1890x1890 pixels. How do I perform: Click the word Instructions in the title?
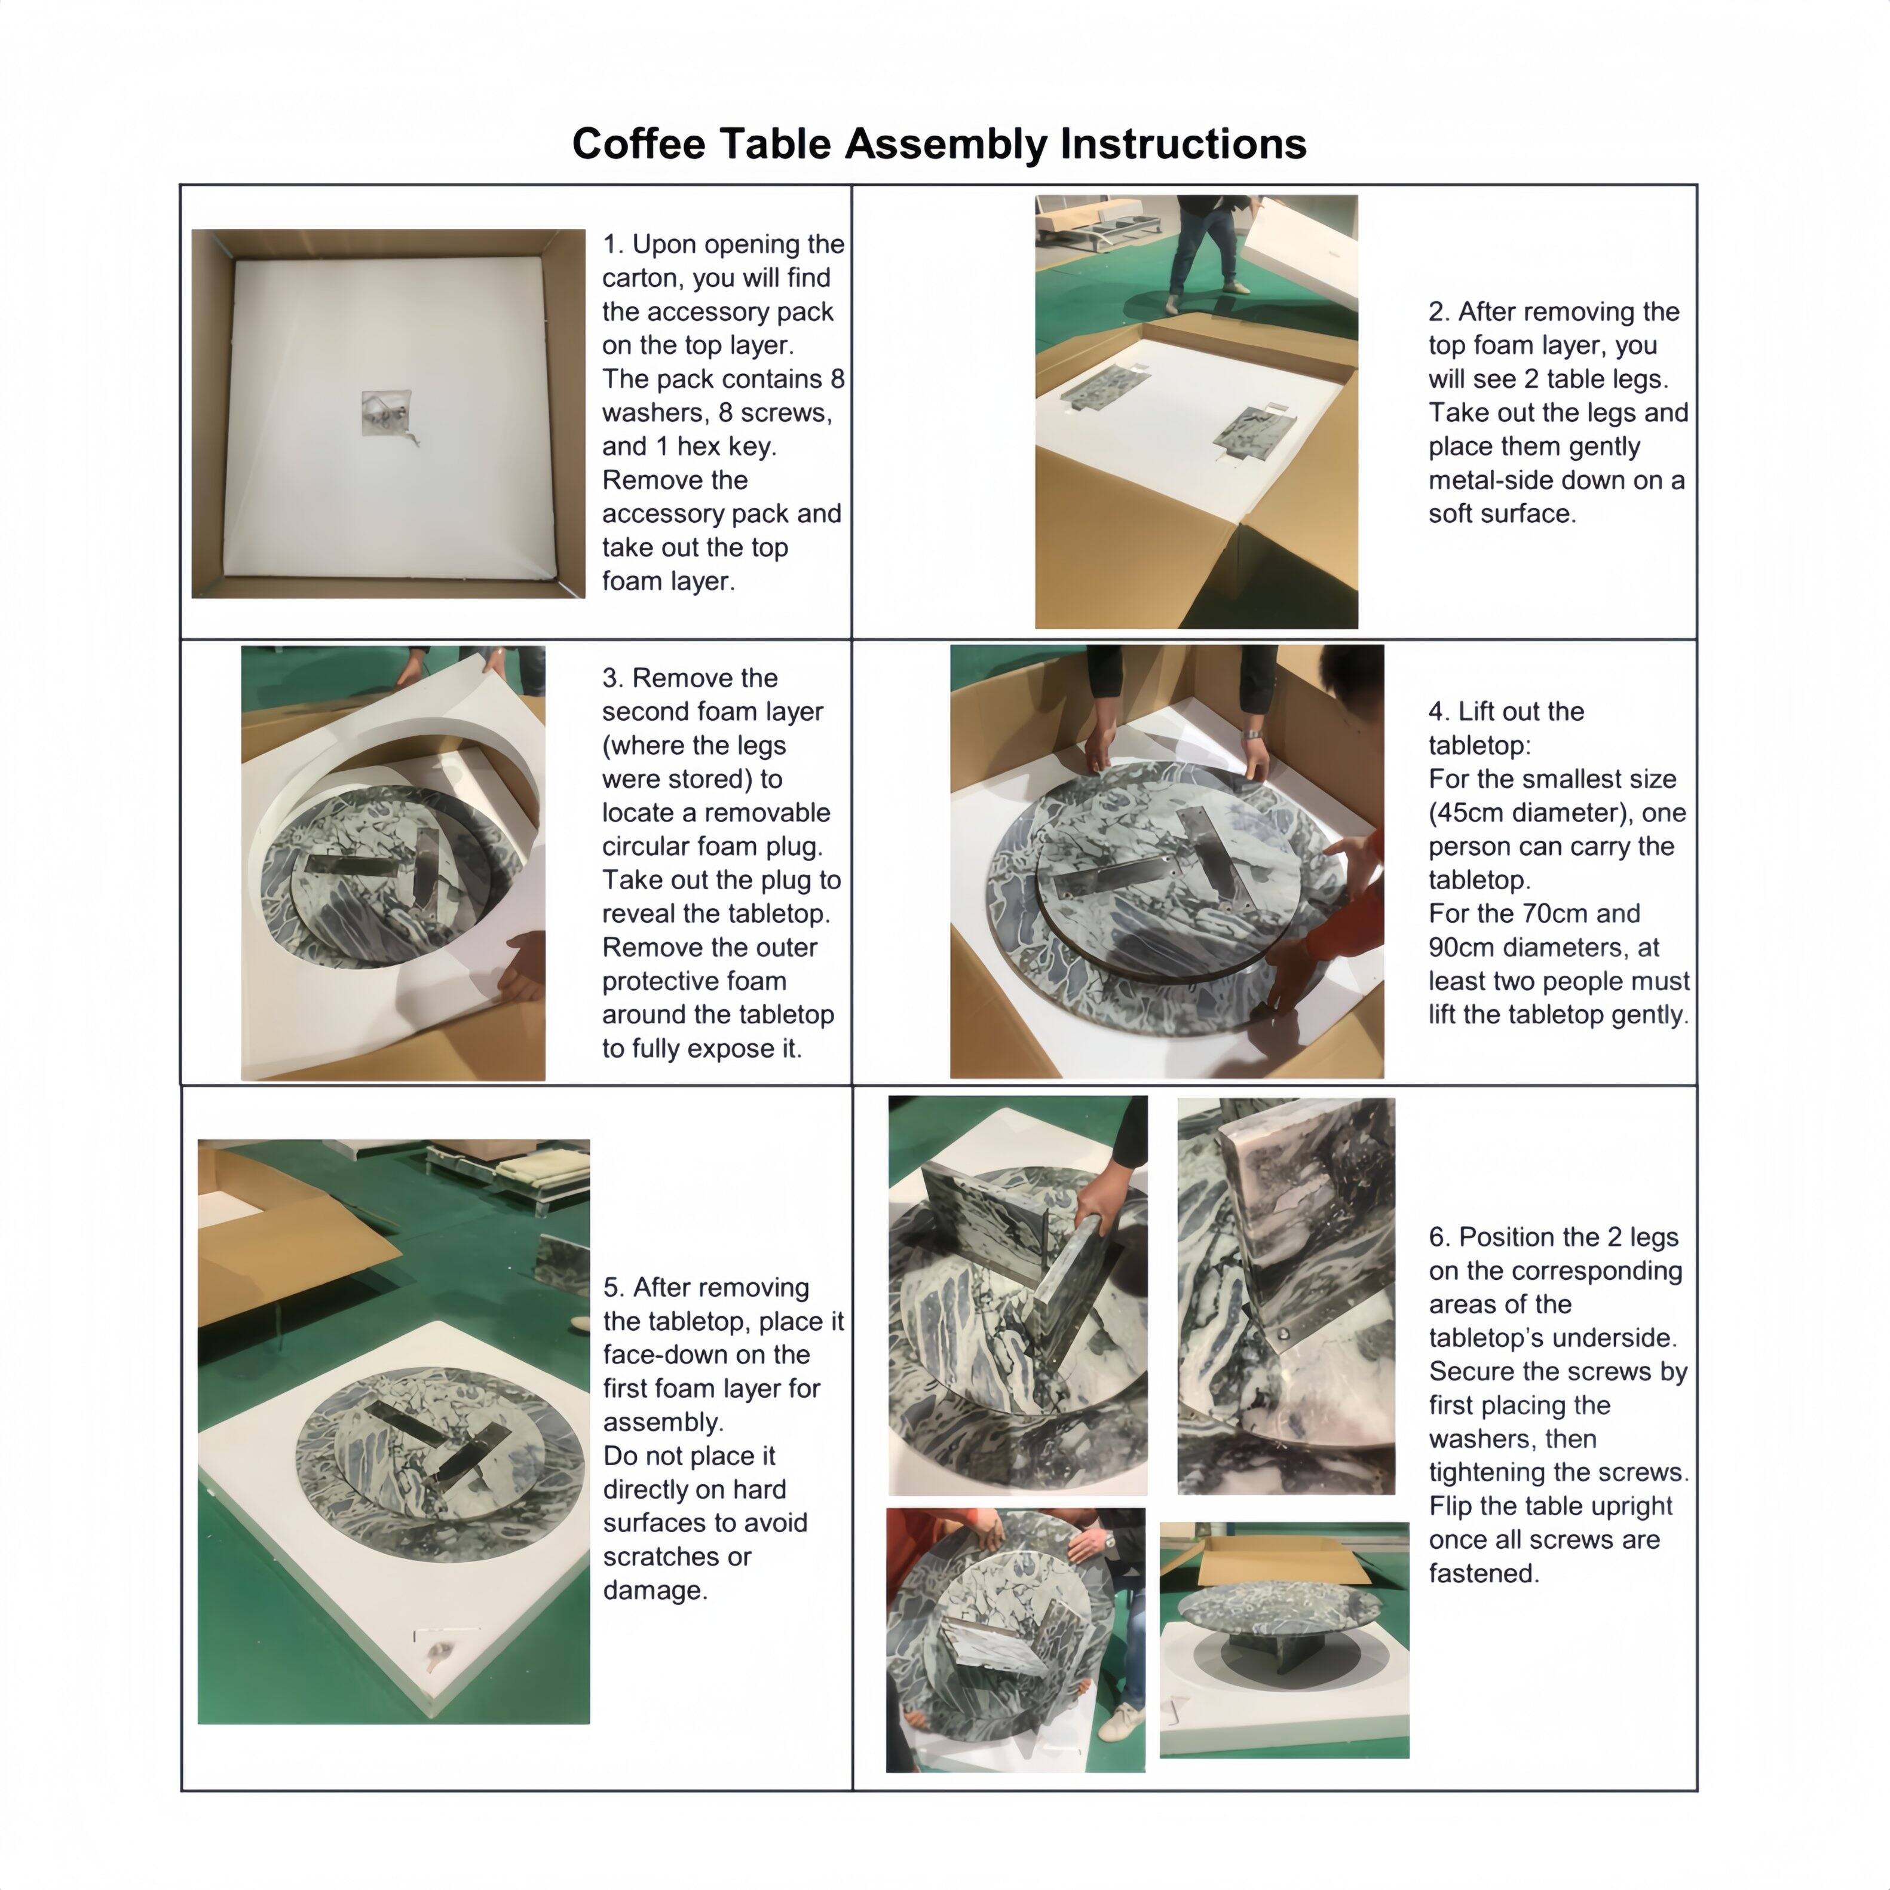[x=1184, y=144]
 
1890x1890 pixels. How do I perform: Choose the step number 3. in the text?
[x=614, y=678]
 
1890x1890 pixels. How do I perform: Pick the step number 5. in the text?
[x=614, y=1288]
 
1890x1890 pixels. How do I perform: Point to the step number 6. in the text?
[x=1440, y=1237]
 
